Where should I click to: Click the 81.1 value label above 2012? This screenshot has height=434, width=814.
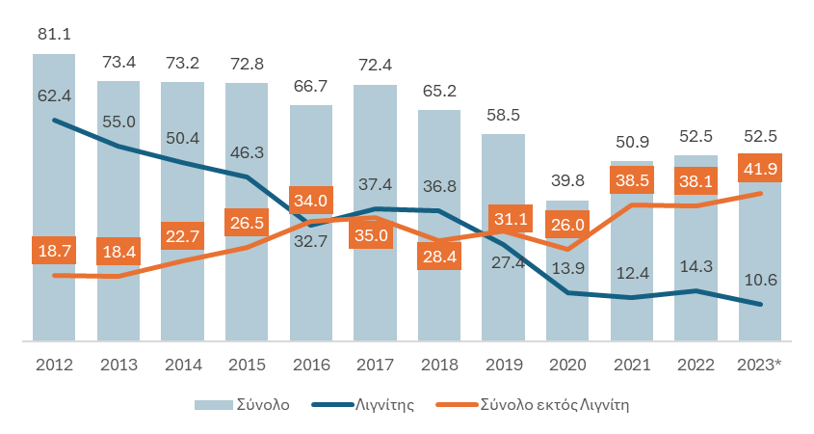point(54,35)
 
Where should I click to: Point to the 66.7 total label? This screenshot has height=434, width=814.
point(311,87)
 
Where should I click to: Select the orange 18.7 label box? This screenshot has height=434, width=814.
point(54,249)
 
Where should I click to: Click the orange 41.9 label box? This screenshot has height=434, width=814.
point(760,168)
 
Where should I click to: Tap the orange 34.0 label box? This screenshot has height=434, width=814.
point(311,201)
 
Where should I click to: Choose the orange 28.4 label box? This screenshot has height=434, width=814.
point(439,256)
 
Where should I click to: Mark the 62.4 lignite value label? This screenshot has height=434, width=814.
point(54,95)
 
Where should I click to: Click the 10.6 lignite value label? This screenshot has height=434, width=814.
point(760,281)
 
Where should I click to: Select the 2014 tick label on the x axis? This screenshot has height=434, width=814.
point(182,366)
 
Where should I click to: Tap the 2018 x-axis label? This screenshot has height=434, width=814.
point(439,366)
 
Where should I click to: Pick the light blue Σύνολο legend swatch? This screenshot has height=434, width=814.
point(212,405)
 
